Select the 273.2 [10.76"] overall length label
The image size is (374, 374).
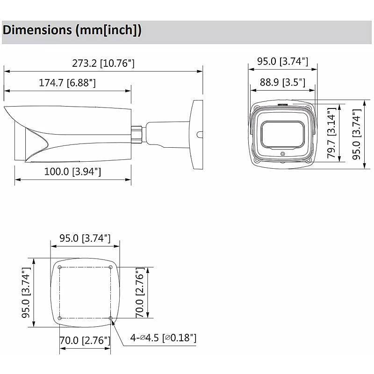pos(103,63)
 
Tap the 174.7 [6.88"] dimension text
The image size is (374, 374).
pos(67,83)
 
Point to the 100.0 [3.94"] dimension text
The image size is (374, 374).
pos(72,172)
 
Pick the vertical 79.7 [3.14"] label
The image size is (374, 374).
pos(331,133)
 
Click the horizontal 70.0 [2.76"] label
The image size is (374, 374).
pos(85,340)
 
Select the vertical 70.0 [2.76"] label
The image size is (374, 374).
pos(139,293)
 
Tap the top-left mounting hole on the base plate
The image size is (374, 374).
pos(60,267)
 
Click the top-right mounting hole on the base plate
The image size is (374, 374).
pos(110,267)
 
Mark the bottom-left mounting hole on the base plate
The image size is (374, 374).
pos(60,318)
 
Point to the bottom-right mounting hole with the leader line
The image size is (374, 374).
pos(110,318)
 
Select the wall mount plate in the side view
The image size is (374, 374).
pos(196,134)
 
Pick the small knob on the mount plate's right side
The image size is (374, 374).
pos(201,135)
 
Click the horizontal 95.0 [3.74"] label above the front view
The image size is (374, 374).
pos(282,61)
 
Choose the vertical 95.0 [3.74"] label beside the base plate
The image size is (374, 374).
pos(27,293)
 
